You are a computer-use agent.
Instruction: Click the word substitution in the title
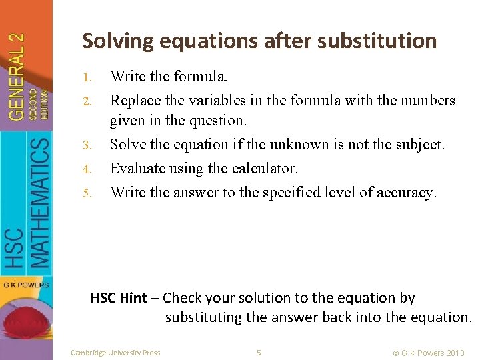click(x=377, y=41)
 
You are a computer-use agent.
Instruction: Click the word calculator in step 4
click(x=263, y=169)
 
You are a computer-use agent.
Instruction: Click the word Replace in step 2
click(x=135, y=101)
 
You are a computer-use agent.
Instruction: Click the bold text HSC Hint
click(x=119, y=298)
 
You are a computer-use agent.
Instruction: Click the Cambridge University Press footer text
click(x=115, y=352)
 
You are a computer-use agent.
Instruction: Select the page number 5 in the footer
click(x=259, y=352)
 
